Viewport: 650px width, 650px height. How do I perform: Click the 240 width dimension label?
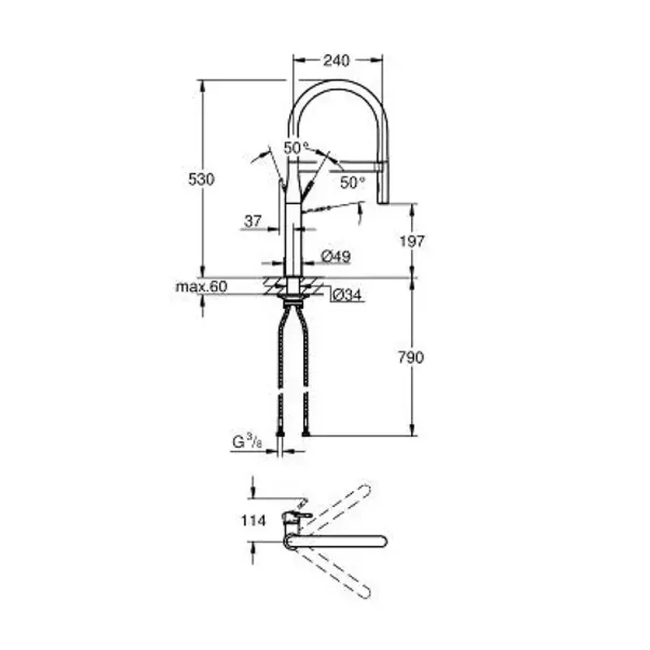336,60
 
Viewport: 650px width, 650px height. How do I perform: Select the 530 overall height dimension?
201,180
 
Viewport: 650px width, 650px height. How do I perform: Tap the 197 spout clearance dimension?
413,240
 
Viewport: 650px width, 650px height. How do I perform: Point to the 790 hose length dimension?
413,357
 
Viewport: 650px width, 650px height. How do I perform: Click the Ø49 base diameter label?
336,257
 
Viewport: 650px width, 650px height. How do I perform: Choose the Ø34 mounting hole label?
347,295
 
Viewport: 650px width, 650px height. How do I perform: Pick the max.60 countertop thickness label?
201,286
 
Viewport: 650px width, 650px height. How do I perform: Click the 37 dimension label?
252,220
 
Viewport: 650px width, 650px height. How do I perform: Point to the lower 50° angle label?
352,183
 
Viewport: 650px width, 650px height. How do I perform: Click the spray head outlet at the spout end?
383,200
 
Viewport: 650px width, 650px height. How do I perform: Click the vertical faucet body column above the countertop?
293,236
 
